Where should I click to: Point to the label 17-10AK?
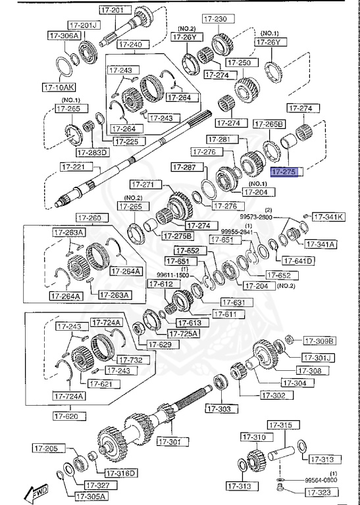(x=59, y=86)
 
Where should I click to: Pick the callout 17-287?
(x=185, y=168)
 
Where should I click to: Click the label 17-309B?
(x=319, y=341)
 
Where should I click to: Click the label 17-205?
(x=47, y=448)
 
